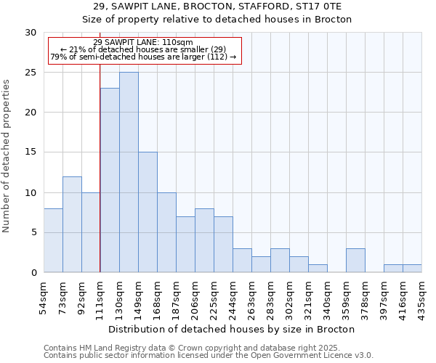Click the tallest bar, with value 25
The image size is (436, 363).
129,172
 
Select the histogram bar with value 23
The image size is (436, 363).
110,180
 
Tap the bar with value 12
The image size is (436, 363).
72,224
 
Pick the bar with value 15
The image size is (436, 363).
148,212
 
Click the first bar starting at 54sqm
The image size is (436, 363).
53,240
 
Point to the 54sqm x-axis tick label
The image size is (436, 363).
44,296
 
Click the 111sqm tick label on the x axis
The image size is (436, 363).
100,296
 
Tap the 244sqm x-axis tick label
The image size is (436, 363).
233,296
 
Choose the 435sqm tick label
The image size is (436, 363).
422,296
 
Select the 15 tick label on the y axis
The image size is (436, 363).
30,152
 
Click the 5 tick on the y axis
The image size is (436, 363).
33,232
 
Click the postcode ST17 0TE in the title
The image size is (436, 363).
332,7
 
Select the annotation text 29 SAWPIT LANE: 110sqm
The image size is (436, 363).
143,42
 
